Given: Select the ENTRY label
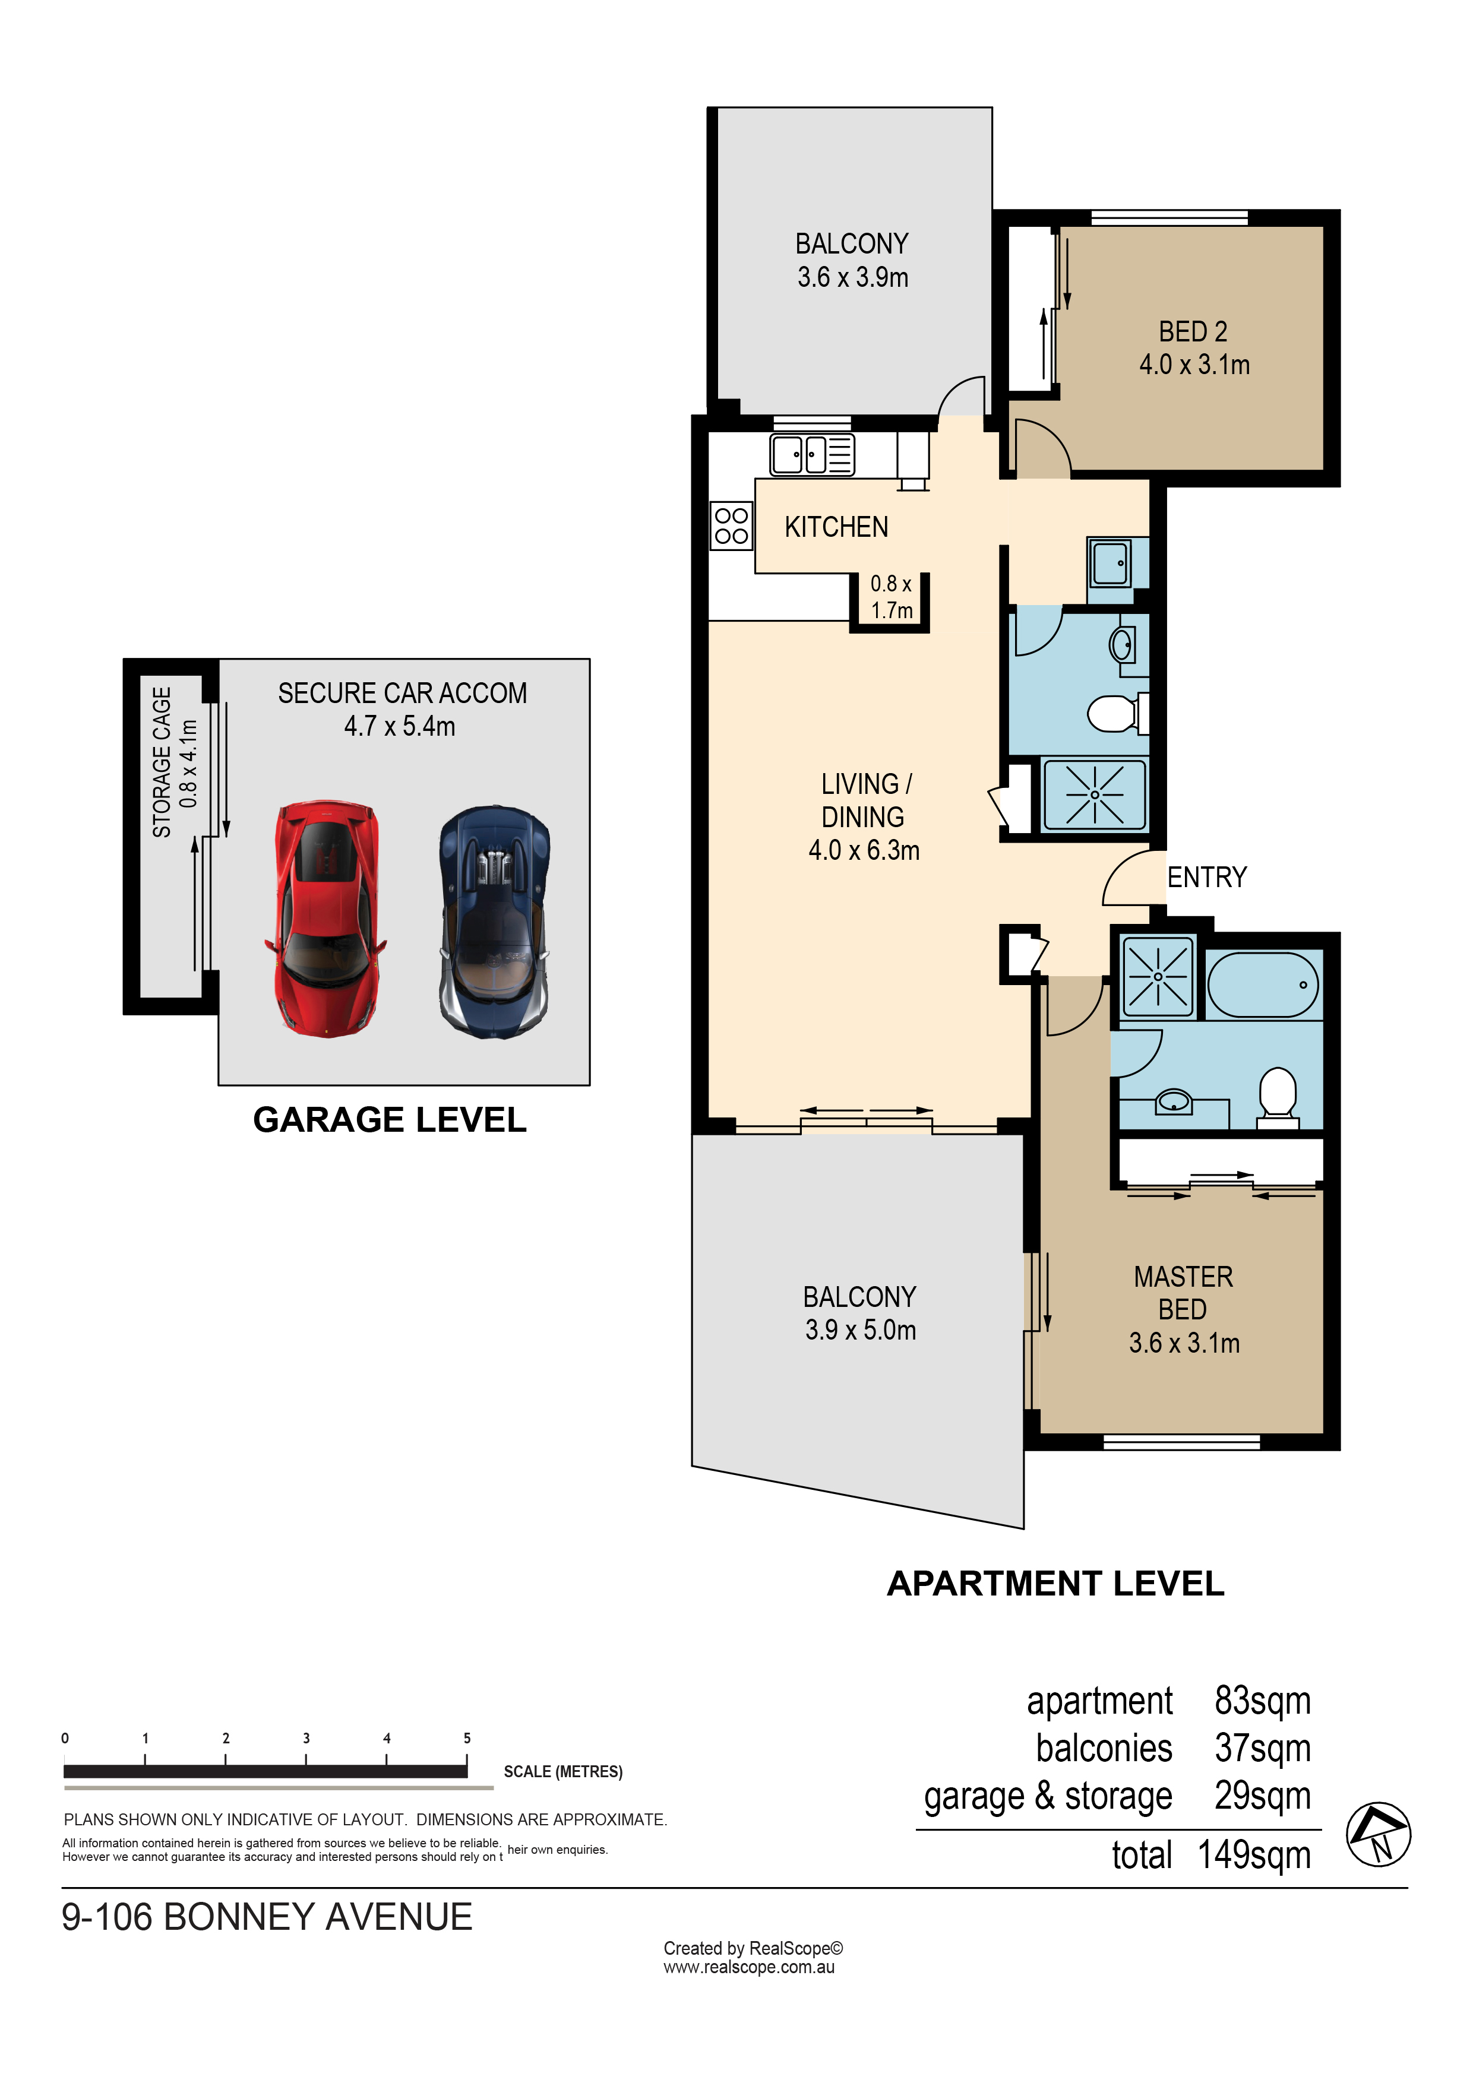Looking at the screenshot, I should pos(1206,877).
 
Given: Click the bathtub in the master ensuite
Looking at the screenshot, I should pos(1262,984).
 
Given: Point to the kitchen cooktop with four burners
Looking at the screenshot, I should pos(731,526).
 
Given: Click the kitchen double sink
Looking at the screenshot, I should pos(799,454).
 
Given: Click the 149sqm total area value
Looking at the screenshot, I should pos(1254,1856).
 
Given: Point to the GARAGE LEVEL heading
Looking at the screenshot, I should pos(390,1119).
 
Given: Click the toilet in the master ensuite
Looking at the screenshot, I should pos(1278,1094).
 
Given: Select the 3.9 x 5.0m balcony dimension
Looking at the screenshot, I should pos(861,1330).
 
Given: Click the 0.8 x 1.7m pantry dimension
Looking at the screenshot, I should pos(892,597).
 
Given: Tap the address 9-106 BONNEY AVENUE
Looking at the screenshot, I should pos(267,1917).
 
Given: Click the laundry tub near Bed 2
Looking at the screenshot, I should pos(1111,564).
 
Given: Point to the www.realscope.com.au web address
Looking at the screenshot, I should pos(749,1967).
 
